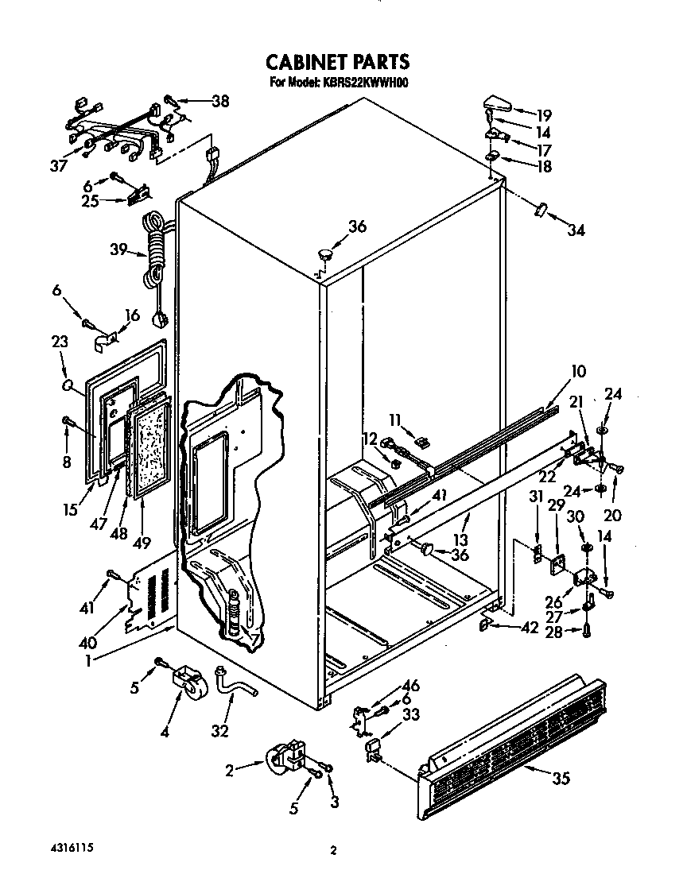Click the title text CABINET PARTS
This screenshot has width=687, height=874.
[337, 61]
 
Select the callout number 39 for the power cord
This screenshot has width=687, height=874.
[118, 251]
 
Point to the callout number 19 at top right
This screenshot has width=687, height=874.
[543, 114]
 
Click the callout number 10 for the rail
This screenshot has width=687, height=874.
[578, 371]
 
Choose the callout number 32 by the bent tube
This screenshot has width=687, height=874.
[220, 729]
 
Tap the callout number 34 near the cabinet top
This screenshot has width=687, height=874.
[575, 230]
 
